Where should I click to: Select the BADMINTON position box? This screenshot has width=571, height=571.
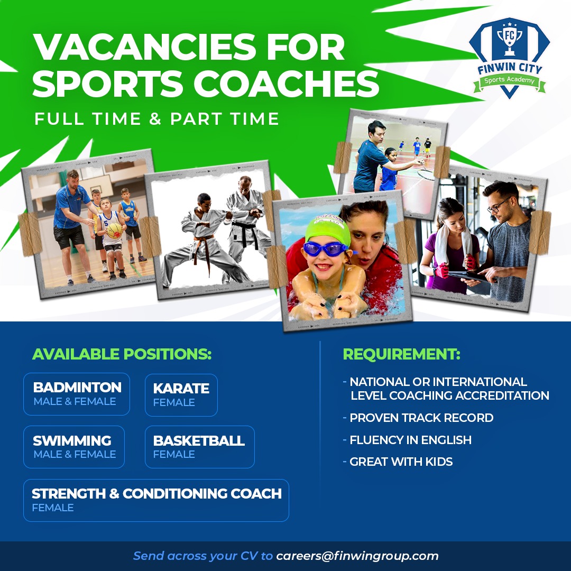77,394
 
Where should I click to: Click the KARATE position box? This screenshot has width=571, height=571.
181,395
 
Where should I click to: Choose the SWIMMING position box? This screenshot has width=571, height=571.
74,447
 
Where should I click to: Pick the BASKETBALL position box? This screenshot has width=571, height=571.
199,447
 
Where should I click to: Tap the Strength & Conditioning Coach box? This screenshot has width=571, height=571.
156,500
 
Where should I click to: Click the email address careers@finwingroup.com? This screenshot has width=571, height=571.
357,556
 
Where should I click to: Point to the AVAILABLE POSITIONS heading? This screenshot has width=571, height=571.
122,354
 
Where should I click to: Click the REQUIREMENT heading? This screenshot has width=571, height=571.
402,354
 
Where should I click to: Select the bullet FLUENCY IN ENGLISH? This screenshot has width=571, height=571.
410,440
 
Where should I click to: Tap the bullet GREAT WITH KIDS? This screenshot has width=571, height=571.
401,462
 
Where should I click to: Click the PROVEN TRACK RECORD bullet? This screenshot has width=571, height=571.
421,418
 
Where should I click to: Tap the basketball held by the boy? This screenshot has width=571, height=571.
114,231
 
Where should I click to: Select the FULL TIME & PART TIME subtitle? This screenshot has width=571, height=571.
156,119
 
